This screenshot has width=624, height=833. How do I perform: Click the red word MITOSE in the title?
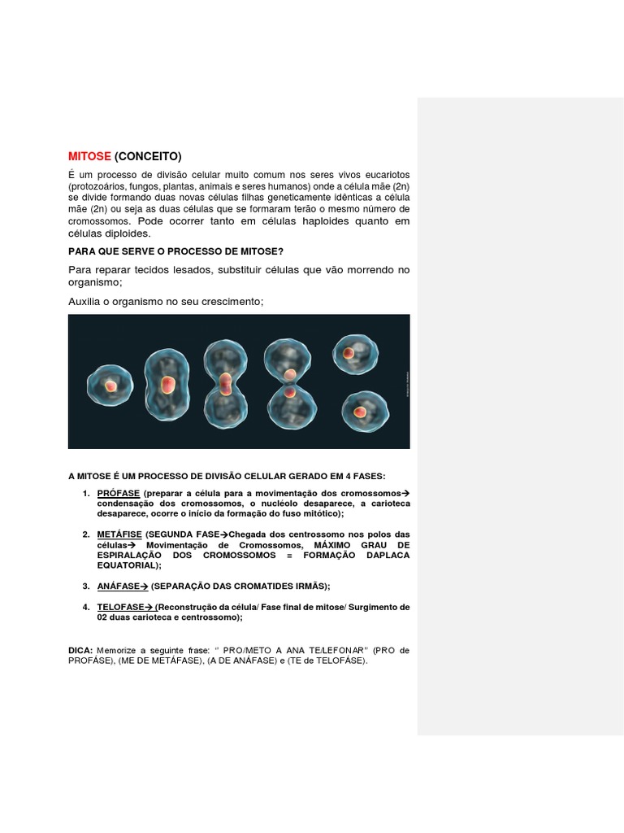pos(89,156)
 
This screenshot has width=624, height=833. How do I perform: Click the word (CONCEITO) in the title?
pos(148,156)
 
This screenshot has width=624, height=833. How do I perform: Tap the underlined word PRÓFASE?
pos(119,494)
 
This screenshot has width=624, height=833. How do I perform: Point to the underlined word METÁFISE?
pos(119,534)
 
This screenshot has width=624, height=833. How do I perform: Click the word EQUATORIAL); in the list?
pos(129,565)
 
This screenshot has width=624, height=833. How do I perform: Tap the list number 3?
pos(85,586)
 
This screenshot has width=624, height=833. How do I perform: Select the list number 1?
pos(85,494)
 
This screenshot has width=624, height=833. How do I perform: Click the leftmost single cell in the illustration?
pos(110,386)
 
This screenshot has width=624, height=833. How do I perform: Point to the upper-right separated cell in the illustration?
pos(355,354)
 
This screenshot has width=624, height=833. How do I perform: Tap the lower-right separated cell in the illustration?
pos(365,412)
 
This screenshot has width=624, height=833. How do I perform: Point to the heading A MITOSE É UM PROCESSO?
pos(227,475)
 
